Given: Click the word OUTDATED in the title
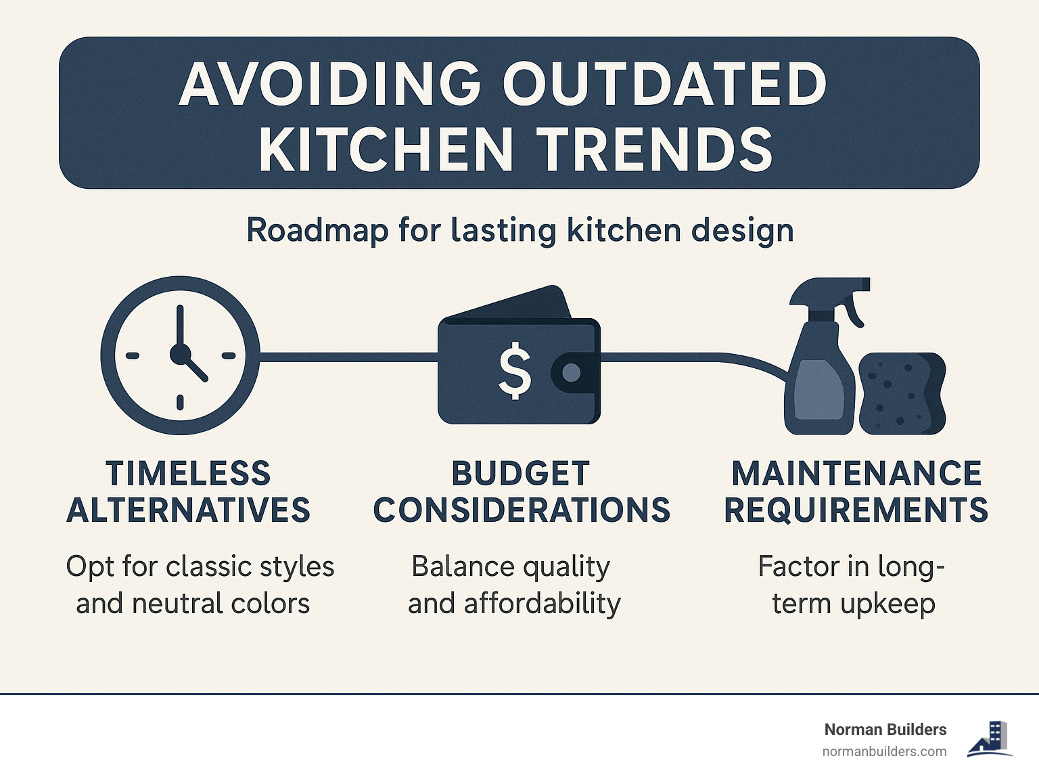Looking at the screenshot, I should coord(664,85).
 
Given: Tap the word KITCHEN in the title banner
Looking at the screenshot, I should coord(386,150).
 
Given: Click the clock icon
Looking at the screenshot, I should coord(180,355).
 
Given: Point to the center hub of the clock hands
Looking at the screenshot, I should coord(180,354).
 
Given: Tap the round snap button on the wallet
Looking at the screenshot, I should coord(572,372).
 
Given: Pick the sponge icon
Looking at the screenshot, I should coord(902,393).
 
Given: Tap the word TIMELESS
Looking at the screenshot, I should coord(188,474).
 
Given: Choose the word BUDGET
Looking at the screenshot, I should coord(520,474).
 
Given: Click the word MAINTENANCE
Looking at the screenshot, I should coord(856,474).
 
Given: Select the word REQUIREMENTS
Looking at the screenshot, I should coord(856,510).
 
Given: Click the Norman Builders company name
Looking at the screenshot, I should coord(885,730).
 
